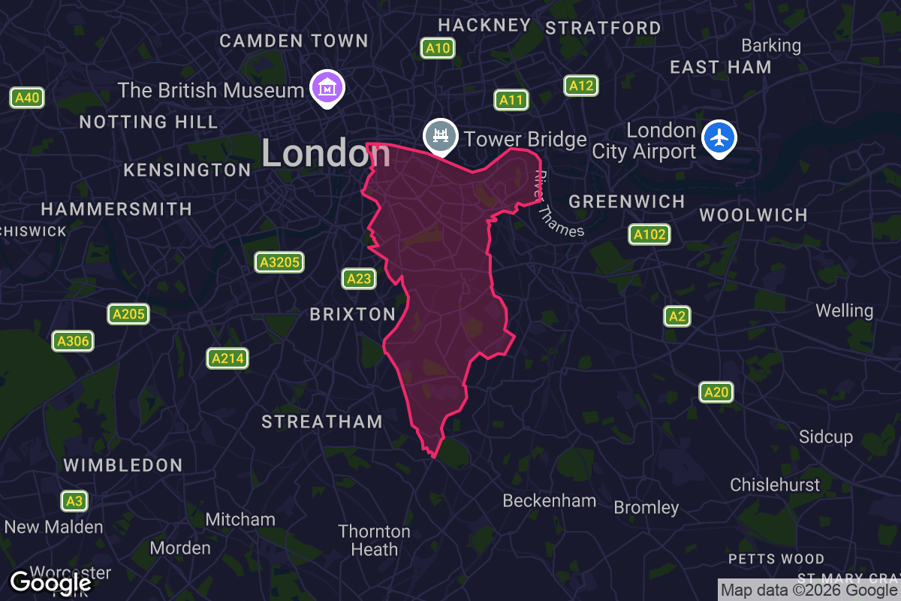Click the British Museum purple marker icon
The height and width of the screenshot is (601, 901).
[327, 87]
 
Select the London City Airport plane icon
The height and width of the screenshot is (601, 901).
[719, 138]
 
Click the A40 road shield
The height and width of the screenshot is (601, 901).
[27, 97]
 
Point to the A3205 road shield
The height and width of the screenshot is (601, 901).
[279, 261]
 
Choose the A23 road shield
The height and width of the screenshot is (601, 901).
[359, 279]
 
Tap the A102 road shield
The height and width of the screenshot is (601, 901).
[649, 234]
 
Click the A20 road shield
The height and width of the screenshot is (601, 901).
[716, 391]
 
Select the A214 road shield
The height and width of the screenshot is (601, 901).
[228, 358]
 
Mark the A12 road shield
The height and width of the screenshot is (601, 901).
[581, 86]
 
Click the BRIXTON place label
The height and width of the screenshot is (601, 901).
[353, 314]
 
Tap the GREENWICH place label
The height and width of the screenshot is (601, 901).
[627, 201]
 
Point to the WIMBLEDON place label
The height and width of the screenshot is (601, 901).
[123, 465]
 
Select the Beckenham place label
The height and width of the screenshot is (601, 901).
[550, 500]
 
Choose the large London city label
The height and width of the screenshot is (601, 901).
[326, 153]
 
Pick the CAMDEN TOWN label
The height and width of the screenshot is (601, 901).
[294, 41]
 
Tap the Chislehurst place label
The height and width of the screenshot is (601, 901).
[776, 485]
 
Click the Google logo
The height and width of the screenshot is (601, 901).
[50, 582]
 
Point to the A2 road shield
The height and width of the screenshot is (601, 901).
[677, 316]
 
